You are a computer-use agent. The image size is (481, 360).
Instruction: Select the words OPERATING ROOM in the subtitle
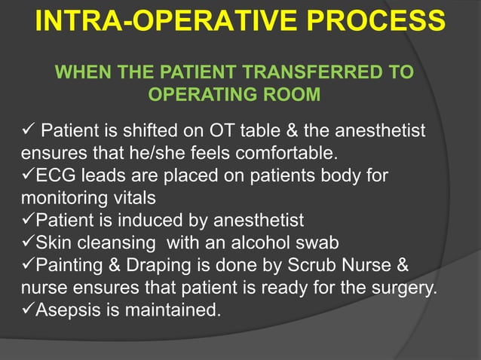[234, 96]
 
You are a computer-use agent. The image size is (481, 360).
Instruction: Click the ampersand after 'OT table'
[306, 133]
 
